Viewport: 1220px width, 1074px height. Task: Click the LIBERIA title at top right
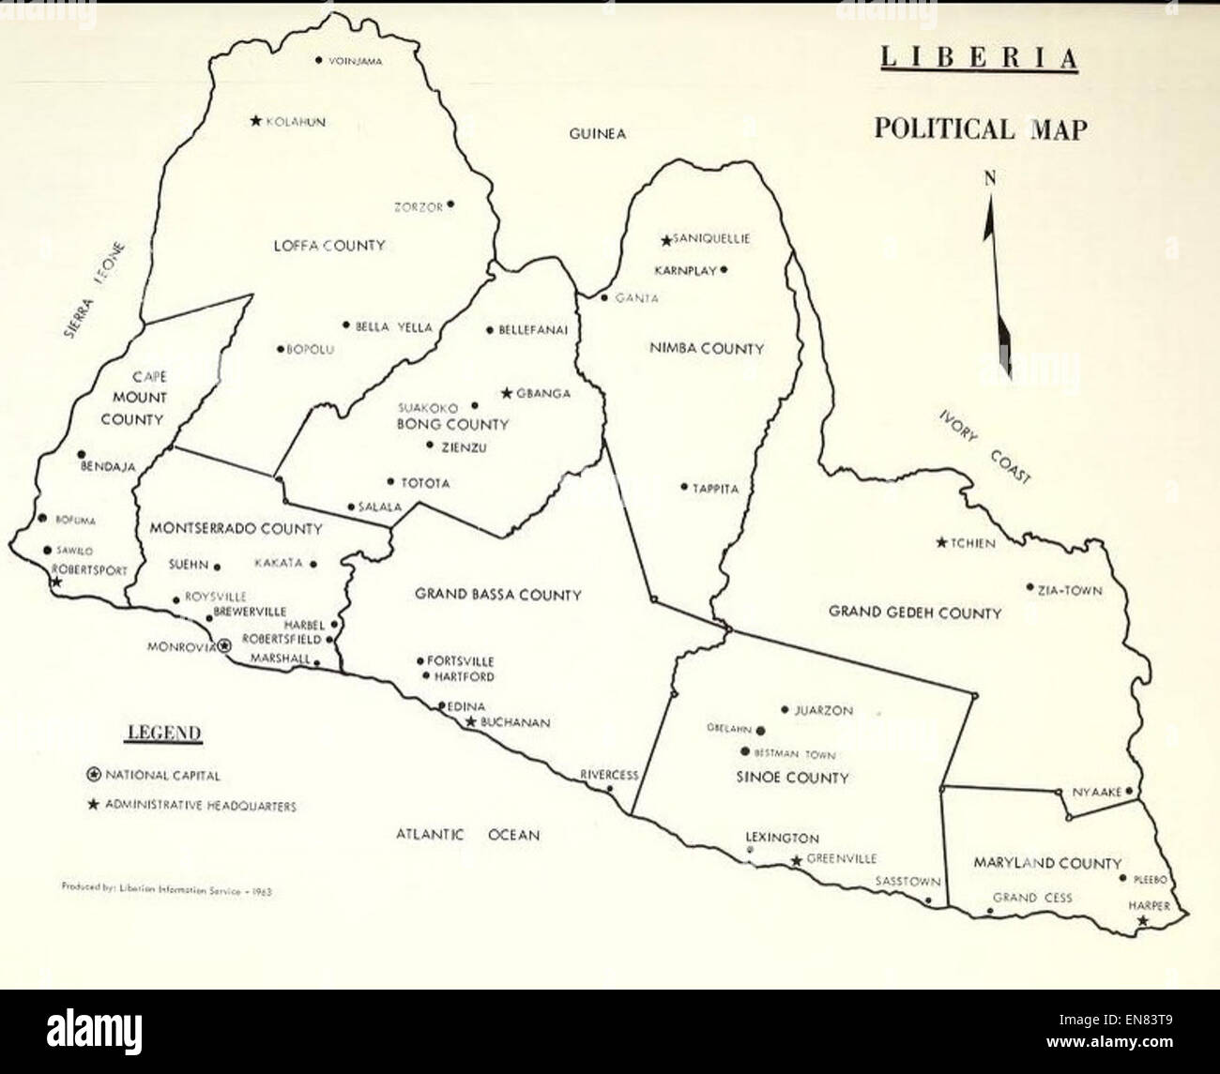pyautogui.click(x=978, y=58)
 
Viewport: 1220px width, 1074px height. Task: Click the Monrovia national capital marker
pyautogui.click(x=224, y=645)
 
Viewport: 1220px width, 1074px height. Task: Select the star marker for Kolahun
pyautogui.click(x=255, y=121)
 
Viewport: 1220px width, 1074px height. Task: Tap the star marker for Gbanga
pyautogui.click(x=507, y=393)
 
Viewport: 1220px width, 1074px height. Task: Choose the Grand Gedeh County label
pyautogui.click(x=915, y=613)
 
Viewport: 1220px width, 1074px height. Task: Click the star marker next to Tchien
pyautogui.click(x=941, y=542)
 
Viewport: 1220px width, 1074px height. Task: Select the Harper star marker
pyautogui.click(x=1141, y=921)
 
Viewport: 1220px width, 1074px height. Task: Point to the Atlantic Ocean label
pyautogui.click(x=467, y=834)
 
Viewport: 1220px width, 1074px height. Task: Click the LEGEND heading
pyautogui.click(x=164, y=733)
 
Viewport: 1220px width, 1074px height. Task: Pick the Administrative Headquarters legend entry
pyautogui.click(x=191, y=805)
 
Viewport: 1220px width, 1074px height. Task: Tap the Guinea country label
pyautogui.click(x=597, y=134)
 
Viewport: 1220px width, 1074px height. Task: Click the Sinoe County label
pyautogui.click(x=793, y=778)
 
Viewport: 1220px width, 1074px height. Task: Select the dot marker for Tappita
pyautogui.click(x=684, y=487)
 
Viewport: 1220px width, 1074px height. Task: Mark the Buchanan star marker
pyautogui.click(x=470, y=722)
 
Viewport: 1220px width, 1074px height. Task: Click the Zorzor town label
pyautogui.click(x=418, y=207)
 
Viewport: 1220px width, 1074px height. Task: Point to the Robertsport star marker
pyautogui.click(x=56, y=582)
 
